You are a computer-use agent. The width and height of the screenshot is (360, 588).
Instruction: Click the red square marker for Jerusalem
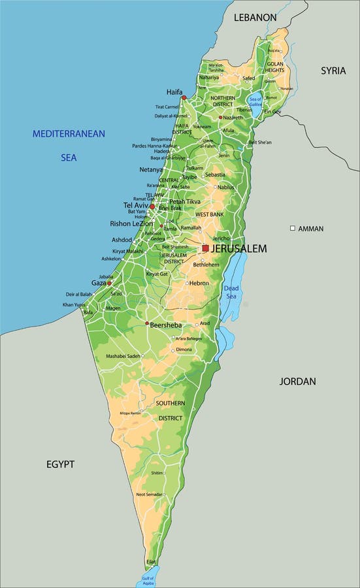click(x=205, y=248)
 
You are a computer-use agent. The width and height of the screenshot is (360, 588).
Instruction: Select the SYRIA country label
click(x=333, y=71)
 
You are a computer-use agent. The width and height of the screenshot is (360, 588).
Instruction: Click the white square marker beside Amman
click(x=293, y=228)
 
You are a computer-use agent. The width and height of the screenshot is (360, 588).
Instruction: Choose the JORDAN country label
click(x=297, y=381)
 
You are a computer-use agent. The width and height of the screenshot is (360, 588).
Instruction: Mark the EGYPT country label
click(x=60, y=464)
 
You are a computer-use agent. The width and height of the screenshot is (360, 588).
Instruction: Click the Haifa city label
click(x=174, y=92)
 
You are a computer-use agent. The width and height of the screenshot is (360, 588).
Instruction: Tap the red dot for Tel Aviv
click(x=152, y=206)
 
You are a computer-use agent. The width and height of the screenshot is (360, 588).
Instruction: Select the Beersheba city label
click(x=165, y=325)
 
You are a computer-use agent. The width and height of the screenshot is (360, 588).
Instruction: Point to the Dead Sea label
click(x=232, y=292)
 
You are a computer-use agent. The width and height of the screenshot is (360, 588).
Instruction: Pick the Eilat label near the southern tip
click(x=152, y=562)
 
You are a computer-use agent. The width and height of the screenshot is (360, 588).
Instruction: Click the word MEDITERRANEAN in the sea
click(x=69, y=134)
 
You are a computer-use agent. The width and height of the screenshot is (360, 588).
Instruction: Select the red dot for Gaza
click(x=109, y=284)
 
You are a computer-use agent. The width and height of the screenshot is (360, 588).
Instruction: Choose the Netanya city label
click(x=151, y=169)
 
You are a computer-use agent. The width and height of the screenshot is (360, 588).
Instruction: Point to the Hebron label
click(x=199, y=283)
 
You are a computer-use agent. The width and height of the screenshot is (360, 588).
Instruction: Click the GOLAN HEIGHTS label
click(x=274, y=67)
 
